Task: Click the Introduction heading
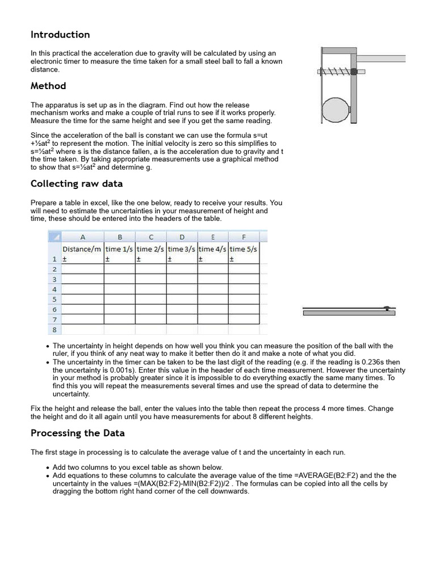pos(60,35)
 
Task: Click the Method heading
pos(48,86)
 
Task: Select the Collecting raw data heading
pos(76,183)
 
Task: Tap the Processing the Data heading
pos(77,433)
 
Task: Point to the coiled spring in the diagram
pos(334,71)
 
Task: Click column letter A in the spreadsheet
pos(82,237)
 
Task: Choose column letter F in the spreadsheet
pos(244,237)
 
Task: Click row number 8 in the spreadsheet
pos(54,329)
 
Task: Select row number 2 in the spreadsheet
pos(54,270)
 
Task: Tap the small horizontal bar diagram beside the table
pos(349,310)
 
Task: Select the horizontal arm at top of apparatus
pos(380,58)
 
